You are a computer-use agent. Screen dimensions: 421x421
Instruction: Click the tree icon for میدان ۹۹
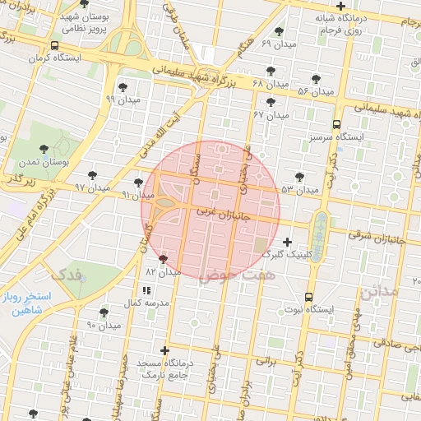coord(123,86)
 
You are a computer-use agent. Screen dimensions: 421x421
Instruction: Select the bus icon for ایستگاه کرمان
coord(54,46)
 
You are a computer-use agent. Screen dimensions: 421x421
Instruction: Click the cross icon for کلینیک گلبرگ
coord(286,242)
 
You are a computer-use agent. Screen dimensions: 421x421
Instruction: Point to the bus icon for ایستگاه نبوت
coord(308,297)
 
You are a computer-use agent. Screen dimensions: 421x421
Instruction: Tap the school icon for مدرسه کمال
coord(146,290)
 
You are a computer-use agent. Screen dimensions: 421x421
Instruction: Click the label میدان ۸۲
coord(163,271)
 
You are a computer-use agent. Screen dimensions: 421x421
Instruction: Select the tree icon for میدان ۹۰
coord(104,312)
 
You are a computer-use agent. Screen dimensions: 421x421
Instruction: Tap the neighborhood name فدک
coord(67,273)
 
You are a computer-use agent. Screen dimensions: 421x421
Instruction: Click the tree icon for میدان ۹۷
coord(92,175)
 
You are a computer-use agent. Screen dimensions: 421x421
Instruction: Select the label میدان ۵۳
coord(299,189)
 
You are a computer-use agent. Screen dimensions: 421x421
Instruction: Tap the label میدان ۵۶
coord(316,91)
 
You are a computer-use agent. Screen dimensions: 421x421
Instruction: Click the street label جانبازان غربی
coord(223,211)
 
